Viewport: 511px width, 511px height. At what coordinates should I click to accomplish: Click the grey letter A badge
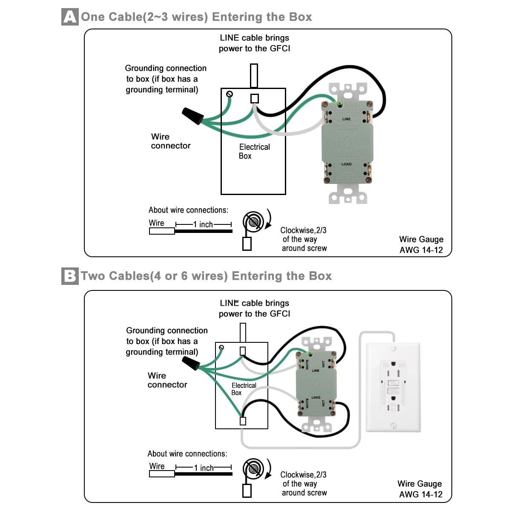[70, 17]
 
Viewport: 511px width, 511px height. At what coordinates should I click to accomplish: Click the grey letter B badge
[70, 276]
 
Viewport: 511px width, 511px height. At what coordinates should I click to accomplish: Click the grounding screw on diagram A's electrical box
[230, 94]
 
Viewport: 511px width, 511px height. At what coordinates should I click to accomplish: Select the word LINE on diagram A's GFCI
[346, 119]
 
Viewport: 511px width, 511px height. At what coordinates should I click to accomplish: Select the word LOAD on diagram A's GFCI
[346, 164]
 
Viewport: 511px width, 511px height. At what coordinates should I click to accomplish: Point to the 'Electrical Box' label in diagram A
[254, 151]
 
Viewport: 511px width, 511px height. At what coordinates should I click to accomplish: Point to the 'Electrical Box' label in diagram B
[243, 389]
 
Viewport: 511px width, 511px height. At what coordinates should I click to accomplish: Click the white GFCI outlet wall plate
[393, 388]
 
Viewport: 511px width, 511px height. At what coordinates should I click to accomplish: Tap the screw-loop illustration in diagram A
[254, 221]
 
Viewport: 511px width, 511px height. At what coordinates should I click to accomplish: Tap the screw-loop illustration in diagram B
[254, 469]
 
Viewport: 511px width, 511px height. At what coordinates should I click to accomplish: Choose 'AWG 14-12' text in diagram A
[421, 250]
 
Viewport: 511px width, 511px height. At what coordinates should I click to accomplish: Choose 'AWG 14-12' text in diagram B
[420, 494]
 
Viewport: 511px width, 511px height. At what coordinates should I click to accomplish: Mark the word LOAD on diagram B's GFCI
[316, 398]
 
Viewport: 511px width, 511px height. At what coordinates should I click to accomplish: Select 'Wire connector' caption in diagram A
[170, 141]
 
